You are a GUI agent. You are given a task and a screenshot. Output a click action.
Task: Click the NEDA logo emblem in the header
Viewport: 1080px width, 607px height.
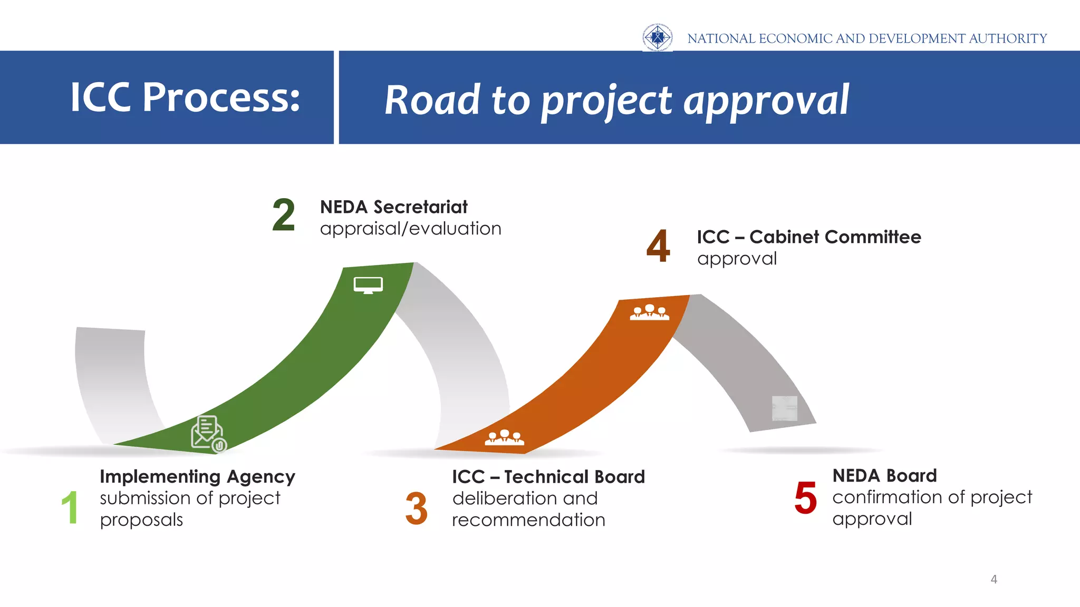657,37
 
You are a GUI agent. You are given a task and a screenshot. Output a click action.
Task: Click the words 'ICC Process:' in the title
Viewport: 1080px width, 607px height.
185,97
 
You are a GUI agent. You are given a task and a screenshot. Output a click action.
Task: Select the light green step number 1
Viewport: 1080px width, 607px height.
70,507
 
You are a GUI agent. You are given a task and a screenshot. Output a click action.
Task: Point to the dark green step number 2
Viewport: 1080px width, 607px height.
284,215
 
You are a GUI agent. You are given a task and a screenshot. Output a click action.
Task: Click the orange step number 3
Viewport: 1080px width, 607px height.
416,508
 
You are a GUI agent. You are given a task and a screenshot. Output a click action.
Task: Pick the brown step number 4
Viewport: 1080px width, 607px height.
658,246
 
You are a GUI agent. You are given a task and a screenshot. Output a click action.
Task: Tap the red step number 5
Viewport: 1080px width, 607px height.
805,498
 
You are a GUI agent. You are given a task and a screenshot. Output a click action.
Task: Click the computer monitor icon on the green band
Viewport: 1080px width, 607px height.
368,285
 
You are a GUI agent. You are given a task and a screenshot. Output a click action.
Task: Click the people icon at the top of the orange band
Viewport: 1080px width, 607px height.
649,312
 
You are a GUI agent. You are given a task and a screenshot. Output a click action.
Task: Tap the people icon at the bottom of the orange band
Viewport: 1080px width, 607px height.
504,437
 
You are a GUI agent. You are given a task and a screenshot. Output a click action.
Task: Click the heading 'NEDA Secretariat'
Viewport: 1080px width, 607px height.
393,207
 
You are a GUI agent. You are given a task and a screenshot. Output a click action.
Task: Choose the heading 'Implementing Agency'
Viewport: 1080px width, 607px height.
197,477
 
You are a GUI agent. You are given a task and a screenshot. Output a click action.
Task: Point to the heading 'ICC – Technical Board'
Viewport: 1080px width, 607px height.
548,477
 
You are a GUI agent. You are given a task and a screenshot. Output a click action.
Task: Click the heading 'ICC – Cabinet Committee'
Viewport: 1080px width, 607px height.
808,237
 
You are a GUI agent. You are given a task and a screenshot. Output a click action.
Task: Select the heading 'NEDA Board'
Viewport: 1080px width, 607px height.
884,476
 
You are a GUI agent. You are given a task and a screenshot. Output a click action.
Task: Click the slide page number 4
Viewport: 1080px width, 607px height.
994,580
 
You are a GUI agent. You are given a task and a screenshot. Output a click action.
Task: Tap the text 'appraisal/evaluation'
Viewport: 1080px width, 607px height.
410,229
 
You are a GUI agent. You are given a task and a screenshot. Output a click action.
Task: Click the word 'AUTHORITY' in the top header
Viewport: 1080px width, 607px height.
1007,38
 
